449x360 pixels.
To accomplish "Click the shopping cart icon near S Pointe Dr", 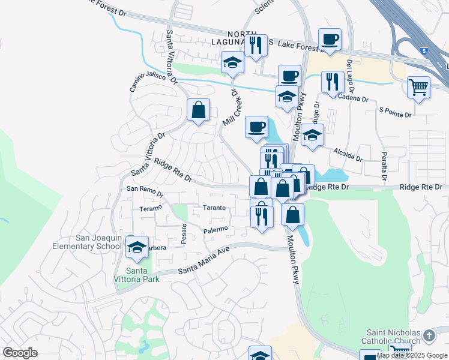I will click(418, 86).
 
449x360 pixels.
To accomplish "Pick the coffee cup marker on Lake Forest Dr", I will click(330, 40).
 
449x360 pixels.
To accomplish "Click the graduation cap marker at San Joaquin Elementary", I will click(137, 247).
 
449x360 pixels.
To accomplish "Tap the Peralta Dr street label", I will click(384, 162).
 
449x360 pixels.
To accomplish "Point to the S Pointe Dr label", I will click(395, 112).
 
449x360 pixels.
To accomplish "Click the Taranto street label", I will click(213, 208).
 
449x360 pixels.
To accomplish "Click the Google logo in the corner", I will click(20, 352).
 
